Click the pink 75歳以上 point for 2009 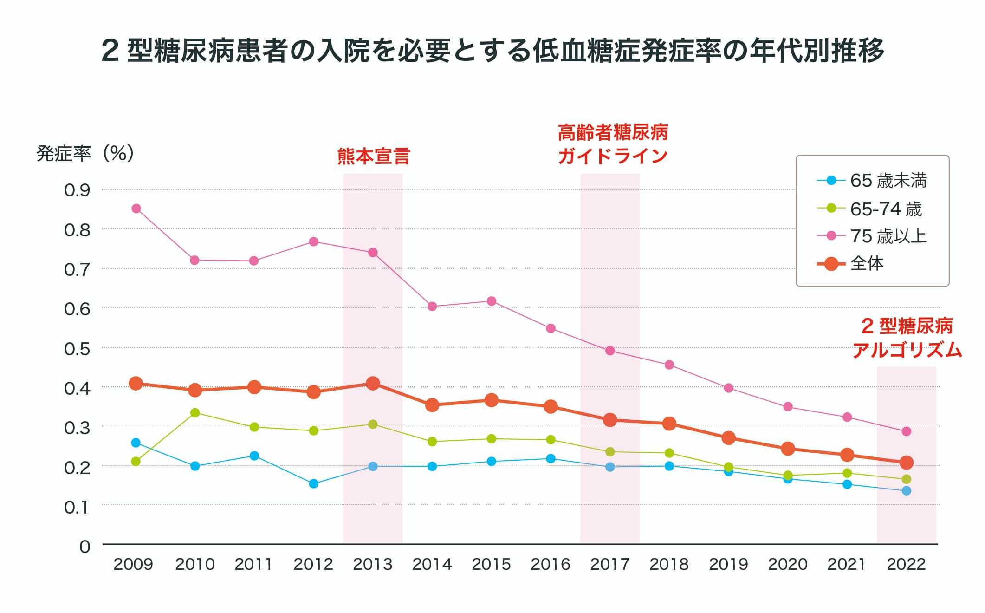tap(136, 209)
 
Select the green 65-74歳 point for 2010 tap(195, 413)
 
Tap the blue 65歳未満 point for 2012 tap(313, 484)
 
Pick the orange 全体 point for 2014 tap(432, 405)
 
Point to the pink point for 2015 tap(491, 301)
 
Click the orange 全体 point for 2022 tap(906, 463)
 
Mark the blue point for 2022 tap(906, 491)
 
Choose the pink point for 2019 tap(728, 388)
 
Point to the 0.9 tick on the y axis tap(77, 190)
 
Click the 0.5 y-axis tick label tap(77, 348)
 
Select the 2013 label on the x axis tap(372, 564)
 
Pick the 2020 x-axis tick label tap(787, 564)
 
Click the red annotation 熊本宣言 tap(373, 157)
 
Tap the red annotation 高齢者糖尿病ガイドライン tap(612, 144)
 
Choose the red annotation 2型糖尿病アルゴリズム tap(907, 338)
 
